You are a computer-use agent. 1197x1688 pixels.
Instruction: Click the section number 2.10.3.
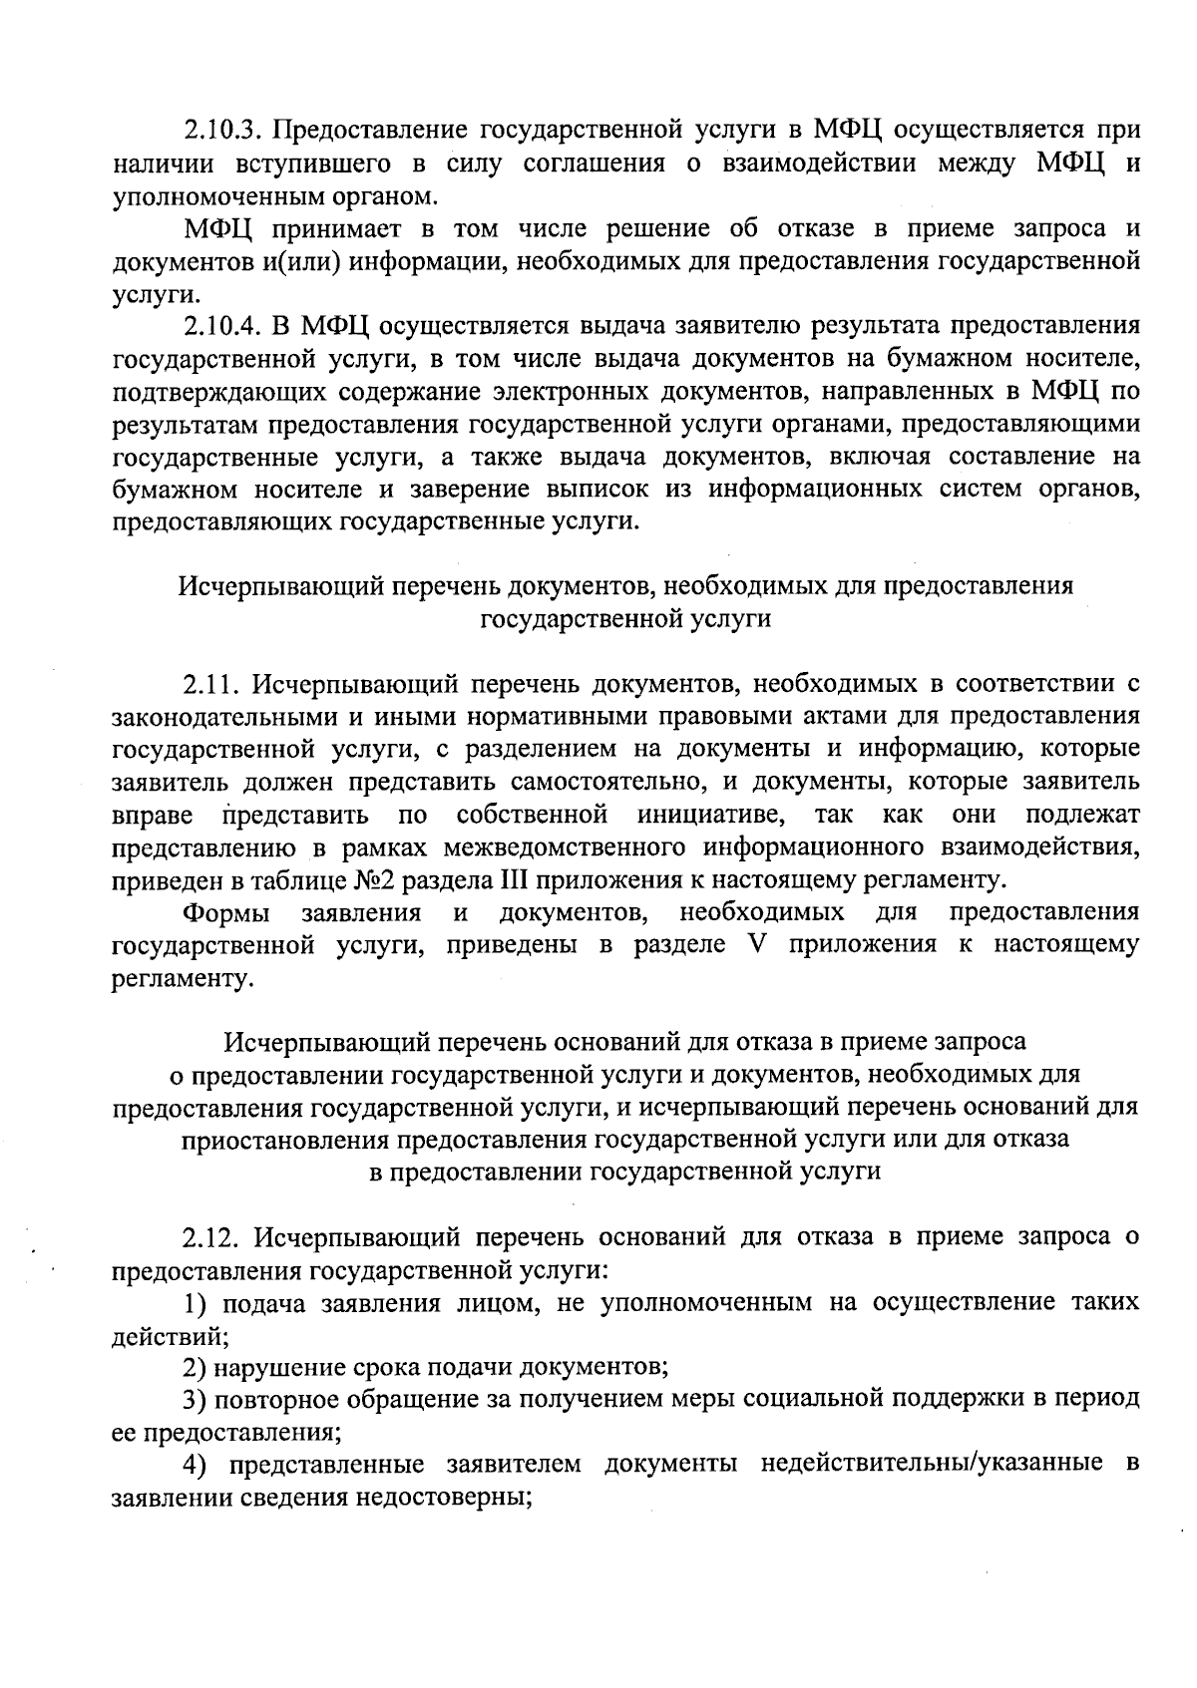[222, 131]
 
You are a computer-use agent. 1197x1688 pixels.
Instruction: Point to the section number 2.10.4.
[222, 326]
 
